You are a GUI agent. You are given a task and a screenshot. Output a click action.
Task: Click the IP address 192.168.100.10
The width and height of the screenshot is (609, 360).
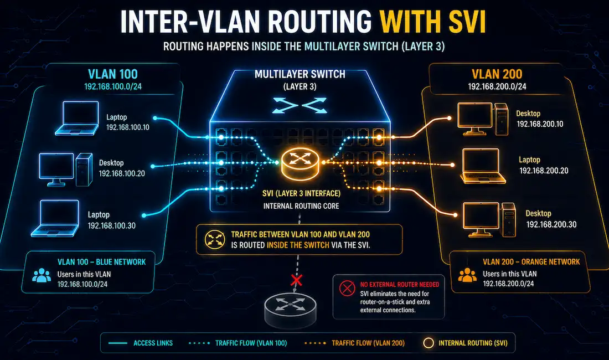pyautogui.click(x=128, y=127)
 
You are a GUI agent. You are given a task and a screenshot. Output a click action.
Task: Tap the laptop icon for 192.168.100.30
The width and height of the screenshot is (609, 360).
pyautogui.click(x=55, y=218)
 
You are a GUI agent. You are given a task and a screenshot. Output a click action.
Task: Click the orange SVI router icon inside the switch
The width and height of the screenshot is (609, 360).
pyautogui.click(x=300, y=164)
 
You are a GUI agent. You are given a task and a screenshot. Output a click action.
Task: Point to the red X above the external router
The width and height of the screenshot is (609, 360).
pyautogui.click(x=297, y=280)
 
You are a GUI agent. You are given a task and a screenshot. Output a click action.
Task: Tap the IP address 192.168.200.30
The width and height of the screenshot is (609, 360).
pyautogui.click(x=551, y=224)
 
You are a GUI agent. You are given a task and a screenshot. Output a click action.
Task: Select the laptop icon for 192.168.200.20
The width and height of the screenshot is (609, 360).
pyautogui.click(x=482, y=166)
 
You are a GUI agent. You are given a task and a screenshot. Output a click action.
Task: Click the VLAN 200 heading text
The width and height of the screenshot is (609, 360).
pyautogui.click(x=497, y=74)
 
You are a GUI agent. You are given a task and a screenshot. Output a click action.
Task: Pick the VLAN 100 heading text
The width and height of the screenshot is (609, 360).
pyautogui.click(x=112, y=74)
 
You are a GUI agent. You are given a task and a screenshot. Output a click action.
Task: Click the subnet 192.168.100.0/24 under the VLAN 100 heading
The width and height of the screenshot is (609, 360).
pyautogui.click(x=112, y=86)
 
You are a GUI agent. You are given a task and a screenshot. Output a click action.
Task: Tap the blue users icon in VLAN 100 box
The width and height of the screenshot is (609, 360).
pyautogui.click(x=42, y=275)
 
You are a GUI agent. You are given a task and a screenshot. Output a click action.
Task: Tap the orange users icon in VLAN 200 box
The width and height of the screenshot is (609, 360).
pyautogui.click(x=467, y=275)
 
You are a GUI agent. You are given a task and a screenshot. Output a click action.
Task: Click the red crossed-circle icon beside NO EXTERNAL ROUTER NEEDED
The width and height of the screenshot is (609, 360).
pyautogui.click(x=347, y=288)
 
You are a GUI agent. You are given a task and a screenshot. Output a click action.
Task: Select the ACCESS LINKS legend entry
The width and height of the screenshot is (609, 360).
pyautogui.click(x=141, y=343)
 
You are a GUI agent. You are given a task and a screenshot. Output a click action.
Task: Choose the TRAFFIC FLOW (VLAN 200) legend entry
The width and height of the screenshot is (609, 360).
pyautogui.click(x=354, y=343)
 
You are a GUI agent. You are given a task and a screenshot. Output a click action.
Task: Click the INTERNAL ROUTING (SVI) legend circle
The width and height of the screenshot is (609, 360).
pyautogui.click(x=429, y=343)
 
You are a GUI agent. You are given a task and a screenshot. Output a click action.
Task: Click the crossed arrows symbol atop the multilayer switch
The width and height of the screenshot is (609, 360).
pyautogui.click(x=300, y=105)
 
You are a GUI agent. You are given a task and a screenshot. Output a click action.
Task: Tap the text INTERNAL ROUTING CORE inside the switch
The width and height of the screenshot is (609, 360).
pyautogui.click(x=301, y=206)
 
